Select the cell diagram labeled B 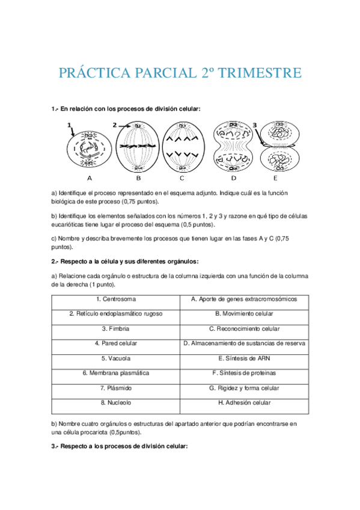138,146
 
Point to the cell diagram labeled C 182,146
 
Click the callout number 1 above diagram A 70,124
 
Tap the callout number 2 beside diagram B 114,124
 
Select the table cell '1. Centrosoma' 115,299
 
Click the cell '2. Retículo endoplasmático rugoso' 115,314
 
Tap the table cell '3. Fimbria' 115,329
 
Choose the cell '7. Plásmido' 115,388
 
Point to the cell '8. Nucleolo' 115,403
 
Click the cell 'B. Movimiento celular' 244,314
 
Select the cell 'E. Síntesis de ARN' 244,358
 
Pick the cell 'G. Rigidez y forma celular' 244,388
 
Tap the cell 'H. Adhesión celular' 244,403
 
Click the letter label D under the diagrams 233,178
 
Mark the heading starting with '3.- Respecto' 120,446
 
